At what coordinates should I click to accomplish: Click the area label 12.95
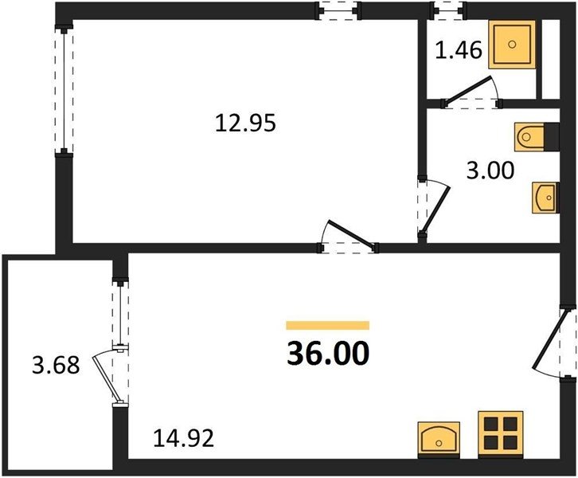(x=245, y=123)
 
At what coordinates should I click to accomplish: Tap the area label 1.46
(x=459, y=49)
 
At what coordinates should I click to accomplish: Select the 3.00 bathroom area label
(x=490, y=170)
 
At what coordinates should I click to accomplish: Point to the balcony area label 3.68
(x=56, y=365)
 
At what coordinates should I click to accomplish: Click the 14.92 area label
(x=184, y=438)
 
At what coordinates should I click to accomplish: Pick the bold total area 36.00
(x=328, y=353)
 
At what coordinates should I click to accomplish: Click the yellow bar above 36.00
(x=328, y=325)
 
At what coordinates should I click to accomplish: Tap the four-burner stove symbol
(x=501, y=433)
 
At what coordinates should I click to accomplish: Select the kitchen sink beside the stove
(x=439, y=439)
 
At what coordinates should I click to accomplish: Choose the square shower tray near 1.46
(x=512, y=45)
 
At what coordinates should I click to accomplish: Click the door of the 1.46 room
(x=468, y=89)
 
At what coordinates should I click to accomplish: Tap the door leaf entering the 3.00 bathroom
(x=435, y=210)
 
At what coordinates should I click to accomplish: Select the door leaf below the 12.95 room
(x=351, y=233)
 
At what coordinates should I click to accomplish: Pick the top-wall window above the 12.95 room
(x=338, y=10)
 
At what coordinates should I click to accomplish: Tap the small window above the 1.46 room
(x=448, y=10)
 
